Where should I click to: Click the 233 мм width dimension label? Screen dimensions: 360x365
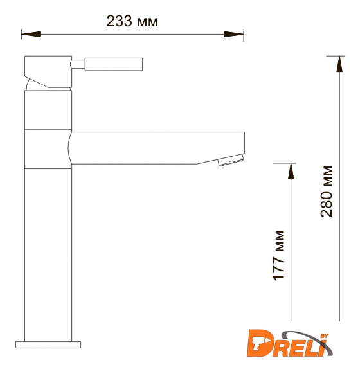[132, 21]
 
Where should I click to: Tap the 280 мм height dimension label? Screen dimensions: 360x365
[326, 191]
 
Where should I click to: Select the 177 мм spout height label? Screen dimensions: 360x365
[278, 256]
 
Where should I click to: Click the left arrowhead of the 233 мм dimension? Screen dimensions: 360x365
[32, 34]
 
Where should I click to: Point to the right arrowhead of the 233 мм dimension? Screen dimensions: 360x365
[234, 34]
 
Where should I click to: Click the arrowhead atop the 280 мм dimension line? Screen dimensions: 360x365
[339, 64]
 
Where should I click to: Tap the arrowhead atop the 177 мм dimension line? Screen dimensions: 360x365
[291, 172]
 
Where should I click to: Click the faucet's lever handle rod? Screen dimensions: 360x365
[114, 64]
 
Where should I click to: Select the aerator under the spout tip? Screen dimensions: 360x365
[231, 160]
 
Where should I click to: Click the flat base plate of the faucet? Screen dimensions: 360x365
[48, 344]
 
